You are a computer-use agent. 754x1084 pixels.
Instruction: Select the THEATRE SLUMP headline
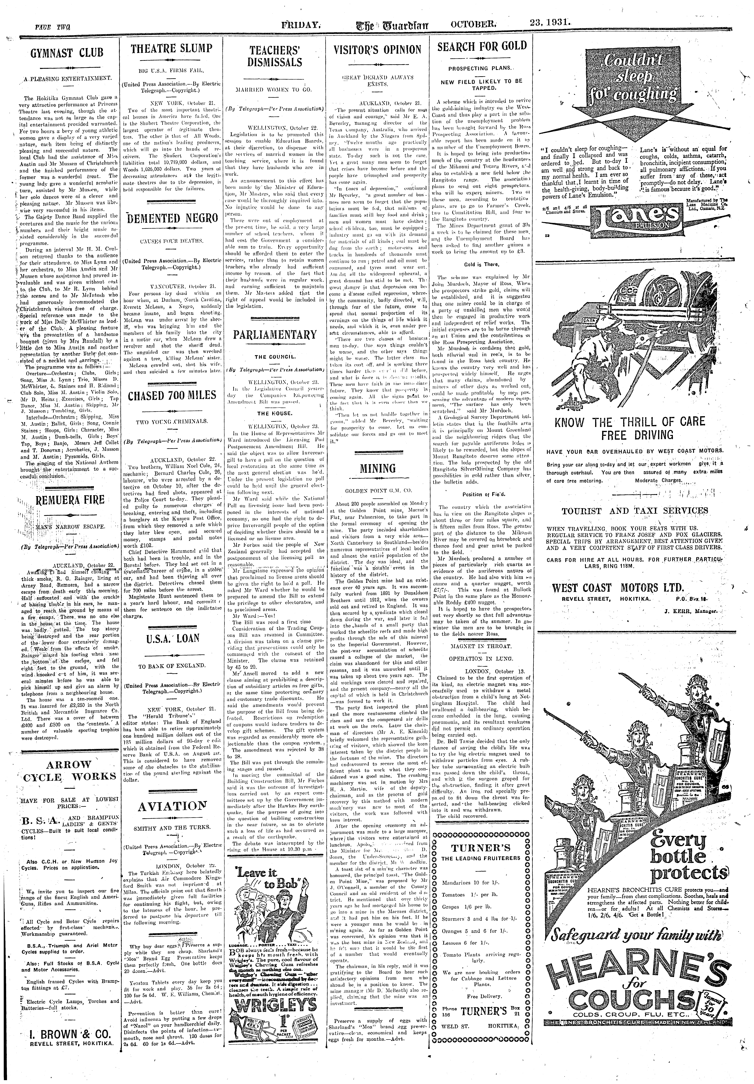click(171, 49)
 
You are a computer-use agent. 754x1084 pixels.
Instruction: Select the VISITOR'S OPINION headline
click(377, 50)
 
